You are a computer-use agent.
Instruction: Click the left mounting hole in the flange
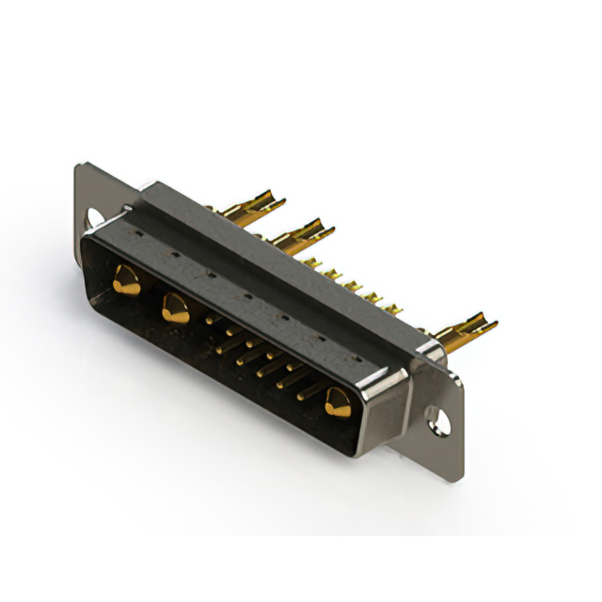point(95,219)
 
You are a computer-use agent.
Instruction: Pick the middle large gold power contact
point(175,307)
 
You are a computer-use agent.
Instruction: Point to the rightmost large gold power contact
point(337,402)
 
